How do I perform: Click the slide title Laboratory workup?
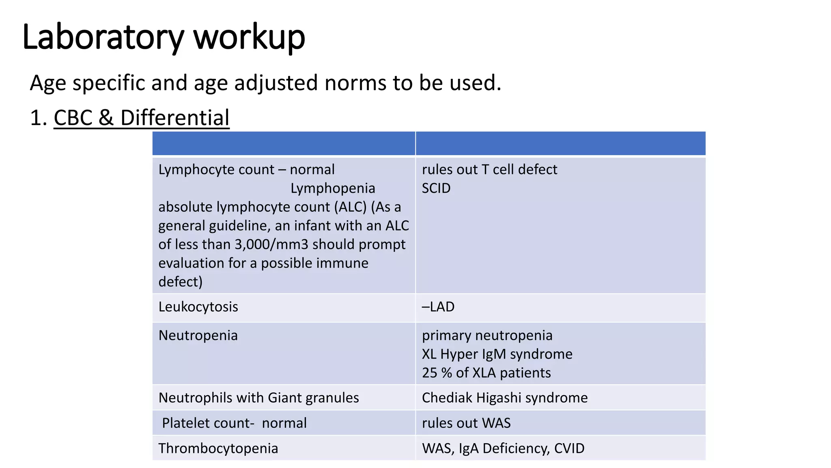point(164,37)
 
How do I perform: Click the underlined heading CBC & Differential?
point(141,118)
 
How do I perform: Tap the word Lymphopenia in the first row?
point(333,188)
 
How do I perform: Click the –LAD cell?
point(438,307)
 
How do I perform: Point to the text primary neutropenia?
point(487,336)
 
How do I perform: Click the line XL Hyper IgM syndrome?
point(497,354)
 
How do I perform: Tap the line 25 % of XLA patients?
point(486,373)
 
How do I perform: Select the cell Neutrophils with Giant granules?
point(258,398)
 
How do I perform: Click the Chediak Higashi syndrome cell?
point(504,398)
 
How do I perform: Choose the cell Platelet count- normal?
point(234,423)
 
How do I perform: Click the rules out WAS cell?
point(466,423)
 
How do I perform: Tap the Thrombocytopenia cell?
point(218,448)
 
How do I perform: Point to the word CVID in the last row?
point(569,448)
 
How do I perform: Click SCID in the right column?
point(436,188)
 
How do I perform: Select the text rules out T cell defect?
point(489,169)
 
